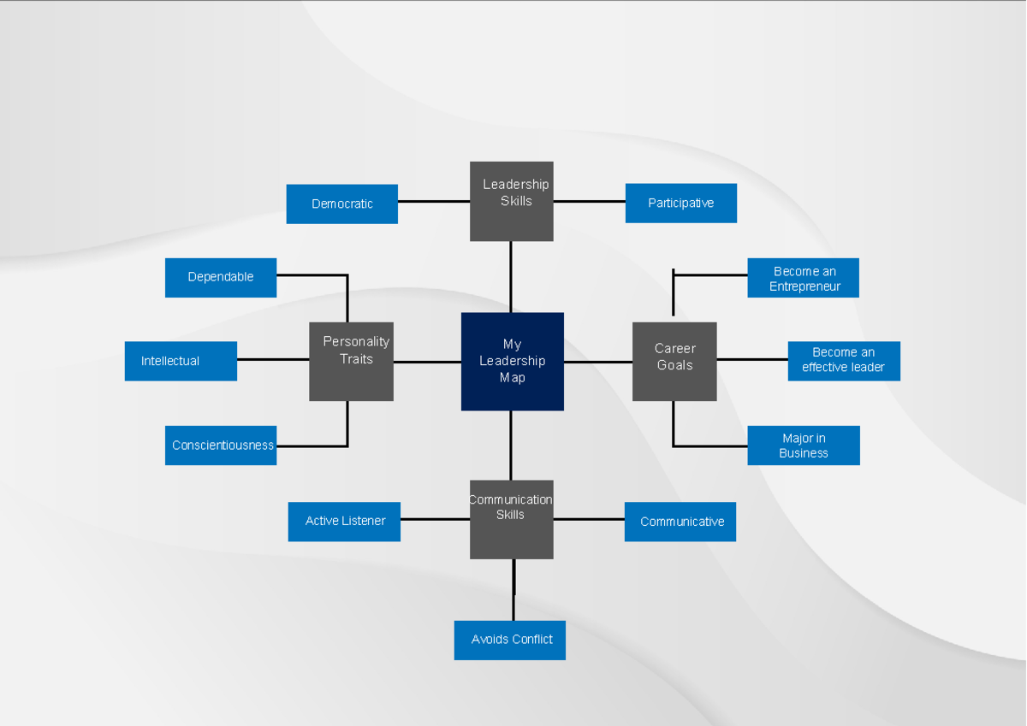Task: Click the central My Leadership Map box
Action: pyautogui.click(x=512, y=361)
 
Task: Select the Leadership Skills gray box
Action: pyautogui.click(x=511, y=201)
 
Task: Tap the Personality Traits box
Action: pyautogui.click(x=351, y=361)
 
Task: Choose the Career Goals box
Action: pyautogui.click(x=674, y=361)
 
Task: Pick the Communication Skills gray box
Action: pyautogui.click(x=511, y=519)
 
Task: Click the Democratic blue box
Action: pyautogui.click(x=341, y=204)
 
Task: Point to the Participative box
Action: pyautogui.click(x=680, y=203)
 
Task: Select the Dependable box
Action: pyautogui.click(x=220, y=277)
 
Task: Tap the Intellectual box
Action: pyautogui.click(x=181, y=361)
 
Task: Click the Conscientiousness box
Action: pyautogui.click(x=220, y=445)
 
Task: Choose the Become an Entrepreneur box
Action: pyautogui.click(x=803, y=278)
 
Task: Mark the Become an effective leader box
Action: pyautogui.click(x=843, y=361)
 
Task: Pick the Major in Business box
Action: pyautogui.click(x=803, y=445)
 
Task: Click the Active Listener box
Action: pyautogui.click(x=344, y=521)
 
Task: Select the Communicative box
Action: pyautogui.click(x=680, y=521)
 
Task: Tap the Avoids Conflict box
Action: pyautogui.click(x=509, y=640)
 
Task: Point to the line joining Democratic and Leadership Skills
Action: pyautogui.click(x=434, y=202)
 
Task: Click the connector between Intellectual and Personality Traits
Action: pyautogui.click(x=273, y=359)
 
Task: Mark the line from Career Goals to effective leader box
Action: pyautogui.click(x=752, y=359)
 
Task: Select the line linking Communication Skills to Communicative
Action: pyautogui.click(x=589, y=519)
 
